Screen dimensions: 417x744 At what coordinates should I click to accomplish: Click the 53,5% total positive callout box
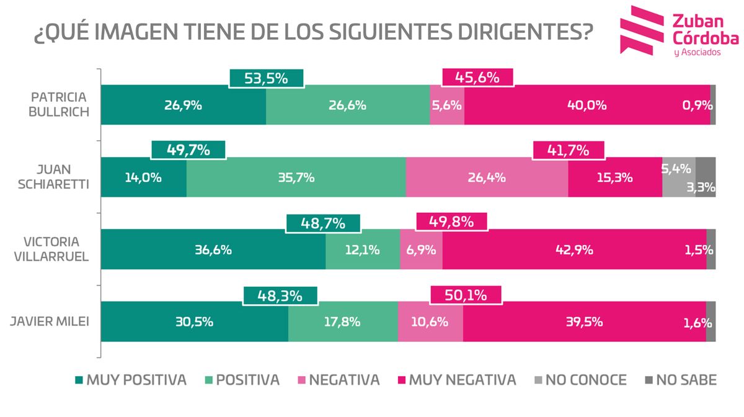pos(266,78)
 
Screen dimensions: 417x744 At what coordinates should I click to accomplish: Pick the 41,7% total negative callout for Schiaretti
pos(567,150)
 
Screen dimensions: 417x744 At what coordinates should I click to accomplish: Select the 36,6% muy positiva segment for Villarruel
pos(213,249)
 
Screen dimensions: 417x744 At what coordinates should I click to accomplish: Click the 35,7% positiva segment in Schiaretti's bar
pos(296,177)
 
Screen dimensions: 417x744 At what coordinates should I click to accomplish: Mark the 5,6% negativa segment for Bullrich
pos(446,105)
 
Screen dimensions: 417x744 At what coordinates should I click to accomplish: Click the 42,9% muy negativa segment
pos(574,249)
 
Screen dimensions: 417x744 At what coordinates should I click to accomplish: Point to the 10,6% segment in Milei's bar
pos(430,321)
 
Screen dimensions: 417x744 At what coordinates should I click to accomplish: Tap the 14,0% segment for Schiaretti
pos(143,177)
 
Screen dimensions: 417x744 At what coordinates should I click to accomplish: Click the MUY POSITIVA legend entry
pos(130,380)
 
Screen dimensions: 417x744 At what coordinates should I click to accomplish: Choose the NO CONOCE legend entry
pos(579,380)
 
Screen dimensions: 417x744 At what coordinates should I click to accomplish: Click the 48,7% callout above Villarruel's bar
pos(322,223)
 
